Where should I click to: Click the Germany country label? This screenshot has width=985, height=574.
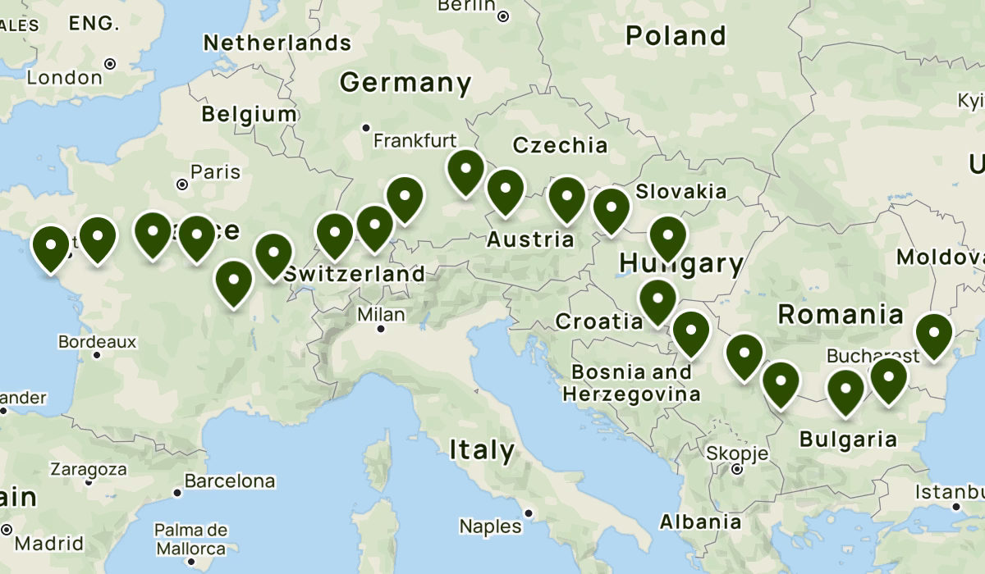[x=405, y=83]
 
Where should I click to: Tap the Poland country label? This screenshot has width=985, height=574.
[x=676, y=36]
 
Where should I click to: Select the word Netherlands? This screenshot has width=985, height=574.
[x=277, y=43]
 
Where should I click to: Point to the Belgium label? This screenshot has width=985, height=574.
[x=249, y=114]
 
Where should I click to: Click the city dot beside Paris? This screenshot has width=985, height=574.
[x=181, y=184]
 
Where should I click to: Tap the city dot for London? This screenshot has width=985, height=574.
[x=110, y=63]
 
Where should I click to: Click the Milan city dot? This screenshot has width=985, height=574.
[x=381, y=329]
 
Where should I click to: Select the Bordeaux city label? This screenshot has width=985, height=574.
[x=97, y=341]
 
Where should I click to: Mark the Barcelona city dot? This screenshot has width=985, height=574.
[x=176, y=493]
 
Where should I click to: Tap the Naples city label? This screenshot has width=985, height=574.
[x=490, y=526]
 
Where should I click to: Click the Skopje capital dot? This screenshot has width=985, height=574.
[x=737, y=470]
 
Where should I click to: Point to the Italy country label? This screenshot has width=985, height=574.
[x=482, y=450]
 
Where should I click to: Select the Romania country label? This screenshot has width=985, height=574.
[x=841, y=314]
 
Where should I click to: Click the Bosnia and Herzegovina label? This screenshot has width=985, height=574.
[x=631, y=383]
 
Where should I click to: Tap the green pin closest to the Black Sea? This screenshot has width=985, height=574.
[x=933, y=336]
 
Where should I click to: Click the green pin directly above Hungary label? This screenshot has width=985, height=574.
[x=668, y=237]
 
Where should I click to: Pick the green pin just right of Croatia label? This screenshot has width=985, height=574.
[x=657, y=301]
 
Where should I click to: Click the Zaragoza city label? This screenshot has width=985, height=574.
[x=89, y=470]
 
